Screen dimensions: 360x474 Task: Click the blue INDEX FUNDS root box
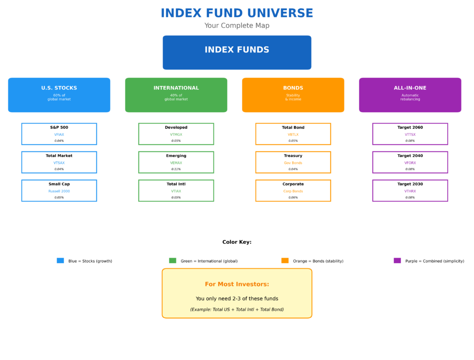click(237, 52)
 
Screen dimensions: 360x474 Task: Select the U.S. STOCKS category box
click(59, 95)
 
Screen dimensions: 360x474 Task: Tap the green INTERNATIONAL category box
click(176, 95)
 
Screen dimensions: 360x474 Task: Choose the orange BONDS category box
click(293, 95)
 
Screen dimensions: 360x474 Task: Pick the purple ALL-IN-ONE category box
click(410, 95)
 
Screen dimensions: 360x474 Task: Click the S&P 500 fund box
click(59, 134)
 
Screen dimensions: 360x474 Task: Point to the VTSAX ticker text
click(59, 163)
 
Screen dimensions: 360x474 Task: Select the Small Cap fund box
click(59, 190)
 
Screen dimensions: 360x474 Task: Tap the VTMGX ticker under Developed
click(176, 134)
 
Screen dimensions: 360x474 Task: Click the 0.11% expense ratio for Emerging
click(176, 169)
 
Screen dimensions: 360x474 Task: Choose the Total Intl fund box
click(176, 190)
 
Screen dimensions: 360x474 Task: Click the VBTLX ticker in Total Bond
click(293, 134)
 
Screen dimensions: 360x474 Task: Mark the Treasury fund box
click(293, 162)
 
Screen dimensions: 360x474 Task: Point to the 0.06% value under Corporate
click(293, 197)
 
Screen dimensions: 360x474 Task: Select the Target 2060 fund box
click(410, 134)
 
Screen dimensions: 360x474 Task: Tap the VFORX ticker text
click(410, 163)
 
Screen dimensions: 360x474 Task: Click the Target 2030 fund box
click(410, 190)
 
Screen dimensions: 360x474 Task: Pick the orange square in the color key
click(285, 260)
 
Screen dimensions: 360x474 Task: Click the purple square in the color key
click(397, 260)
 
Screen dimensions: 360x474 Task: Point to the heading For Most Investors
click(237, 284)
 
